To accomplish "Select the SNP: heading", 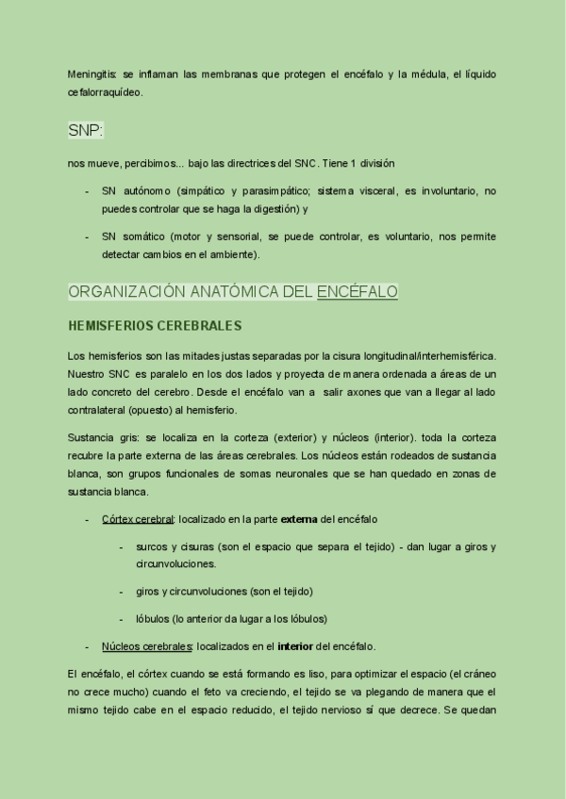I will pyautogui.click(x=86, y=130).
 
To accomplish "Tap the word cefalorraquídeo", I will pyautogui.click(x=105, y=91).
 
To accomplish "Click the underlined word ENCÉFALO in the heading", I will pyautogui.click(x=358, y=292).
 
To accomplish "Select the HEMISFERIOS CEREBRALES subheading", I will pyautogui.click(x=155, y=326).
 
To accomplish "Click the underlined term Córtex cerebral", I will pyautogui.click(x=138, y=519).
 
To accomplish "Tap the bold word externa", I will pyautogui.click(x=299, y=519).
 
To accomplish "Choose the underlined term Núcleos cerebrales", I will pyautogui.click(x=146, y=646).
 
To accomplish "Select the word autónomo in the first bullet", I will pyautogui.click(x=146, y=191).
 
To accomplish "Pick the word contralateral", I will pyautogui.click(x=102, y=410).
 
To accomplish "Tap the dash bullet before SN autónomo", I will pyautogui.click(x=88, y=191).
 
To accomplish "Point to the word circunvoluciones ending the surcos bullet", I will pyautogui.click(x=176, y=563).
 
